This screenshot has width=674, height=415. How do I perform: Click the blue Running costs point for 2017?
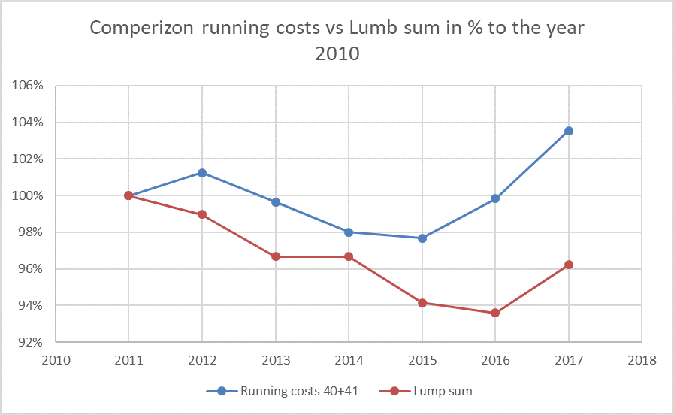click(569, 131)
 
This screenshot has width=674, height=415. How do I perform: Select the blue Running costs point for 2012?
click(202, 173)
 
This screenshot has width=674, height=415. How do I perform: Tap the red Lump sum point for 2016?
click(495, 313)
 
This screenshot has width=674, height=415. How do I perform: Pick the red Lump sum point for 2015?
click(422, 303)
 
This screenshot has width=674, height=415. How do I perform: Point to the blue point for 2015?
click(422, 238)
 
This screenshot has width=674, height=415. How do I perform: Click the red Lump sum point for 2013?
click(276, 256)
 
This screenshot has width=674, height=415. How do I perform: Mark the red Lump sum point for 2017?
click(569, 265)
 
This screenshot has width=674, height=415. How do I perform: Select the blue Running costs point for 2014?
click(349, 232)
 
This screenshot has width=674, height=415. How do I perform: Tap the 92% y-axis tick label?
click(31, 342)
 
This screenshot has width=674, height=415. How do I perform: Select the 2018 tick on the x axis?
click(642, 359)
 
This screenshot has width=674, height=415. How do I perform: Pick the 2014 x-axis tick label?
click(349, 359)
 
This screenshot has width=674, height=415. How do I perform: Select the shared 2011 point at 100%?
click(128, 195)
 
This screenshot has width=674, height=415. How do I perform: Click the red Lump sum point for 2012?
click(202, 214)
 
